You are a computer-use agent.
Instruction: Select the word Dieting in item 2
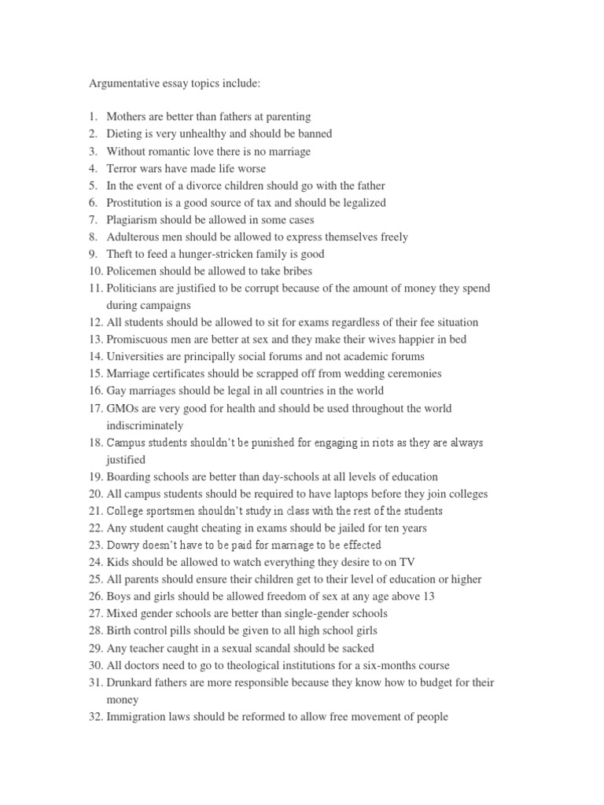click(125, 134)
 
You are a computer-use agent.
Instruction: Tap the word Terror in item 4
click(123, 168)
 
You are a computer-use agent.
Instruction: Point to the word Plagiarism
click(133, 219)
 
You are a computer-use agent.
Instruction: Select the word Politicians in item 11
click(133, 289)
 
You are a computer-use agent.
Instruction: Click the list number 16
click(95, 391)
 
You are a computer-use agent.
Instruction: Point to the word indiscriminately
click(145, 425)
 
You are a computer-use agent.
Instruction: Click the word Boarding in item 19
click(129, 476)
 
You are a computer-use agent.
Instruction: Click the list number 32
click(95, 717)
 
